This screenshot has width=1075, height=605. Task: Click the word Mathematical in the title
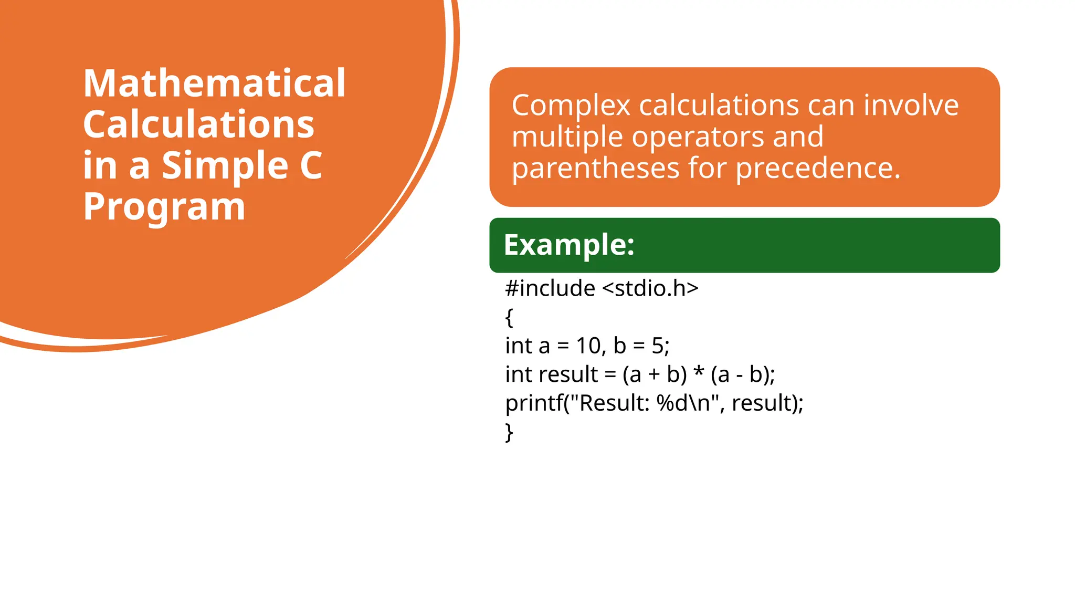tap(214, 84)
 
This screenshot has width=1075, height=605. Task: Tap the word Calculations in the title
tap(198, 124)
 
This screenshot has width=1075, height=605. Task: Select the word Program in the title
tap(164, 206)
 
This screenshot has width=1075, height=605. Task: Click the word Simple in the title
tap(225, 165)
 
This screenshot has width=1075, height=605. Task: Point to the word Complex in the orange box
tap(571, 106)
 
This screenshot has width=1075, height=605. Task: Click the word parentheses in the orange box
tap(595, 169)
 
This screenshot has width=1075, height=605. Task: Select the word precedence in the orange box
tap(818, 169)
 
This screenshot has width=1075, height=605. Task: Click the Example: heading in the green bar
tap(569, 245)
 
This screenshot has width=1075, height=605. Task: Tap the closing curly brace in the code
tap(509, 432)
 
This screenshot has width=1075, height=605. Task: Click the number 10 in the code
tap(588, 346)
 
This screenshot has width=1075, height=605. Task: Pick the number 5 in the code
tap(657, 346)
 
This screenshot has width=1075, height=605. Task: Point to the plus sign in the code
tap(654, 375)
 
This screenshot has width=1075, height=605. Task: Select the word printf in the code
tap(534, 403)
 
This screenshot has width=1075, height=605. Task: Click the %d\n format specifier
tap(683, 403)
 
